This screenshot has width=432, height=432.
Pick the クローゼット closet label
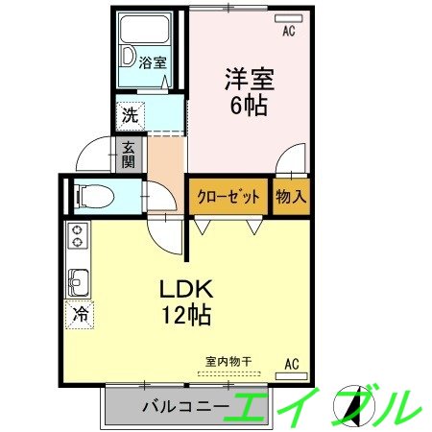tap(229, 197)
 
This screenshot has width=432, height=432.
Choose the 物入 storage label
tap(291, 197)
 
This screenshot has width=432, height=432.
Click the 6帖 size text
tap(247, 105)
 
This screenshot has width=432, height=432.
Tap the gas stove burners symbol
tap(77, 237)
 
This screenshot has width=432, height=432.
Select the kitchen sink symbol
tap(77, 282)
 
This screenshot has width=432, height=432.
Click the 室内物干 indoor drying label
tap(228, 361)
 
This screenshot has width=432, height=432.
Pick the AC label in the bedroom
tap(288, 31)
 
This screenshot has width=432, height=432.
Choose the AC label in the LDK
tap(292, 363)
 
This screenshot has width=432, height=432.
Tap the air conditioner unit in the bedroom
tap(288, 17)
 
